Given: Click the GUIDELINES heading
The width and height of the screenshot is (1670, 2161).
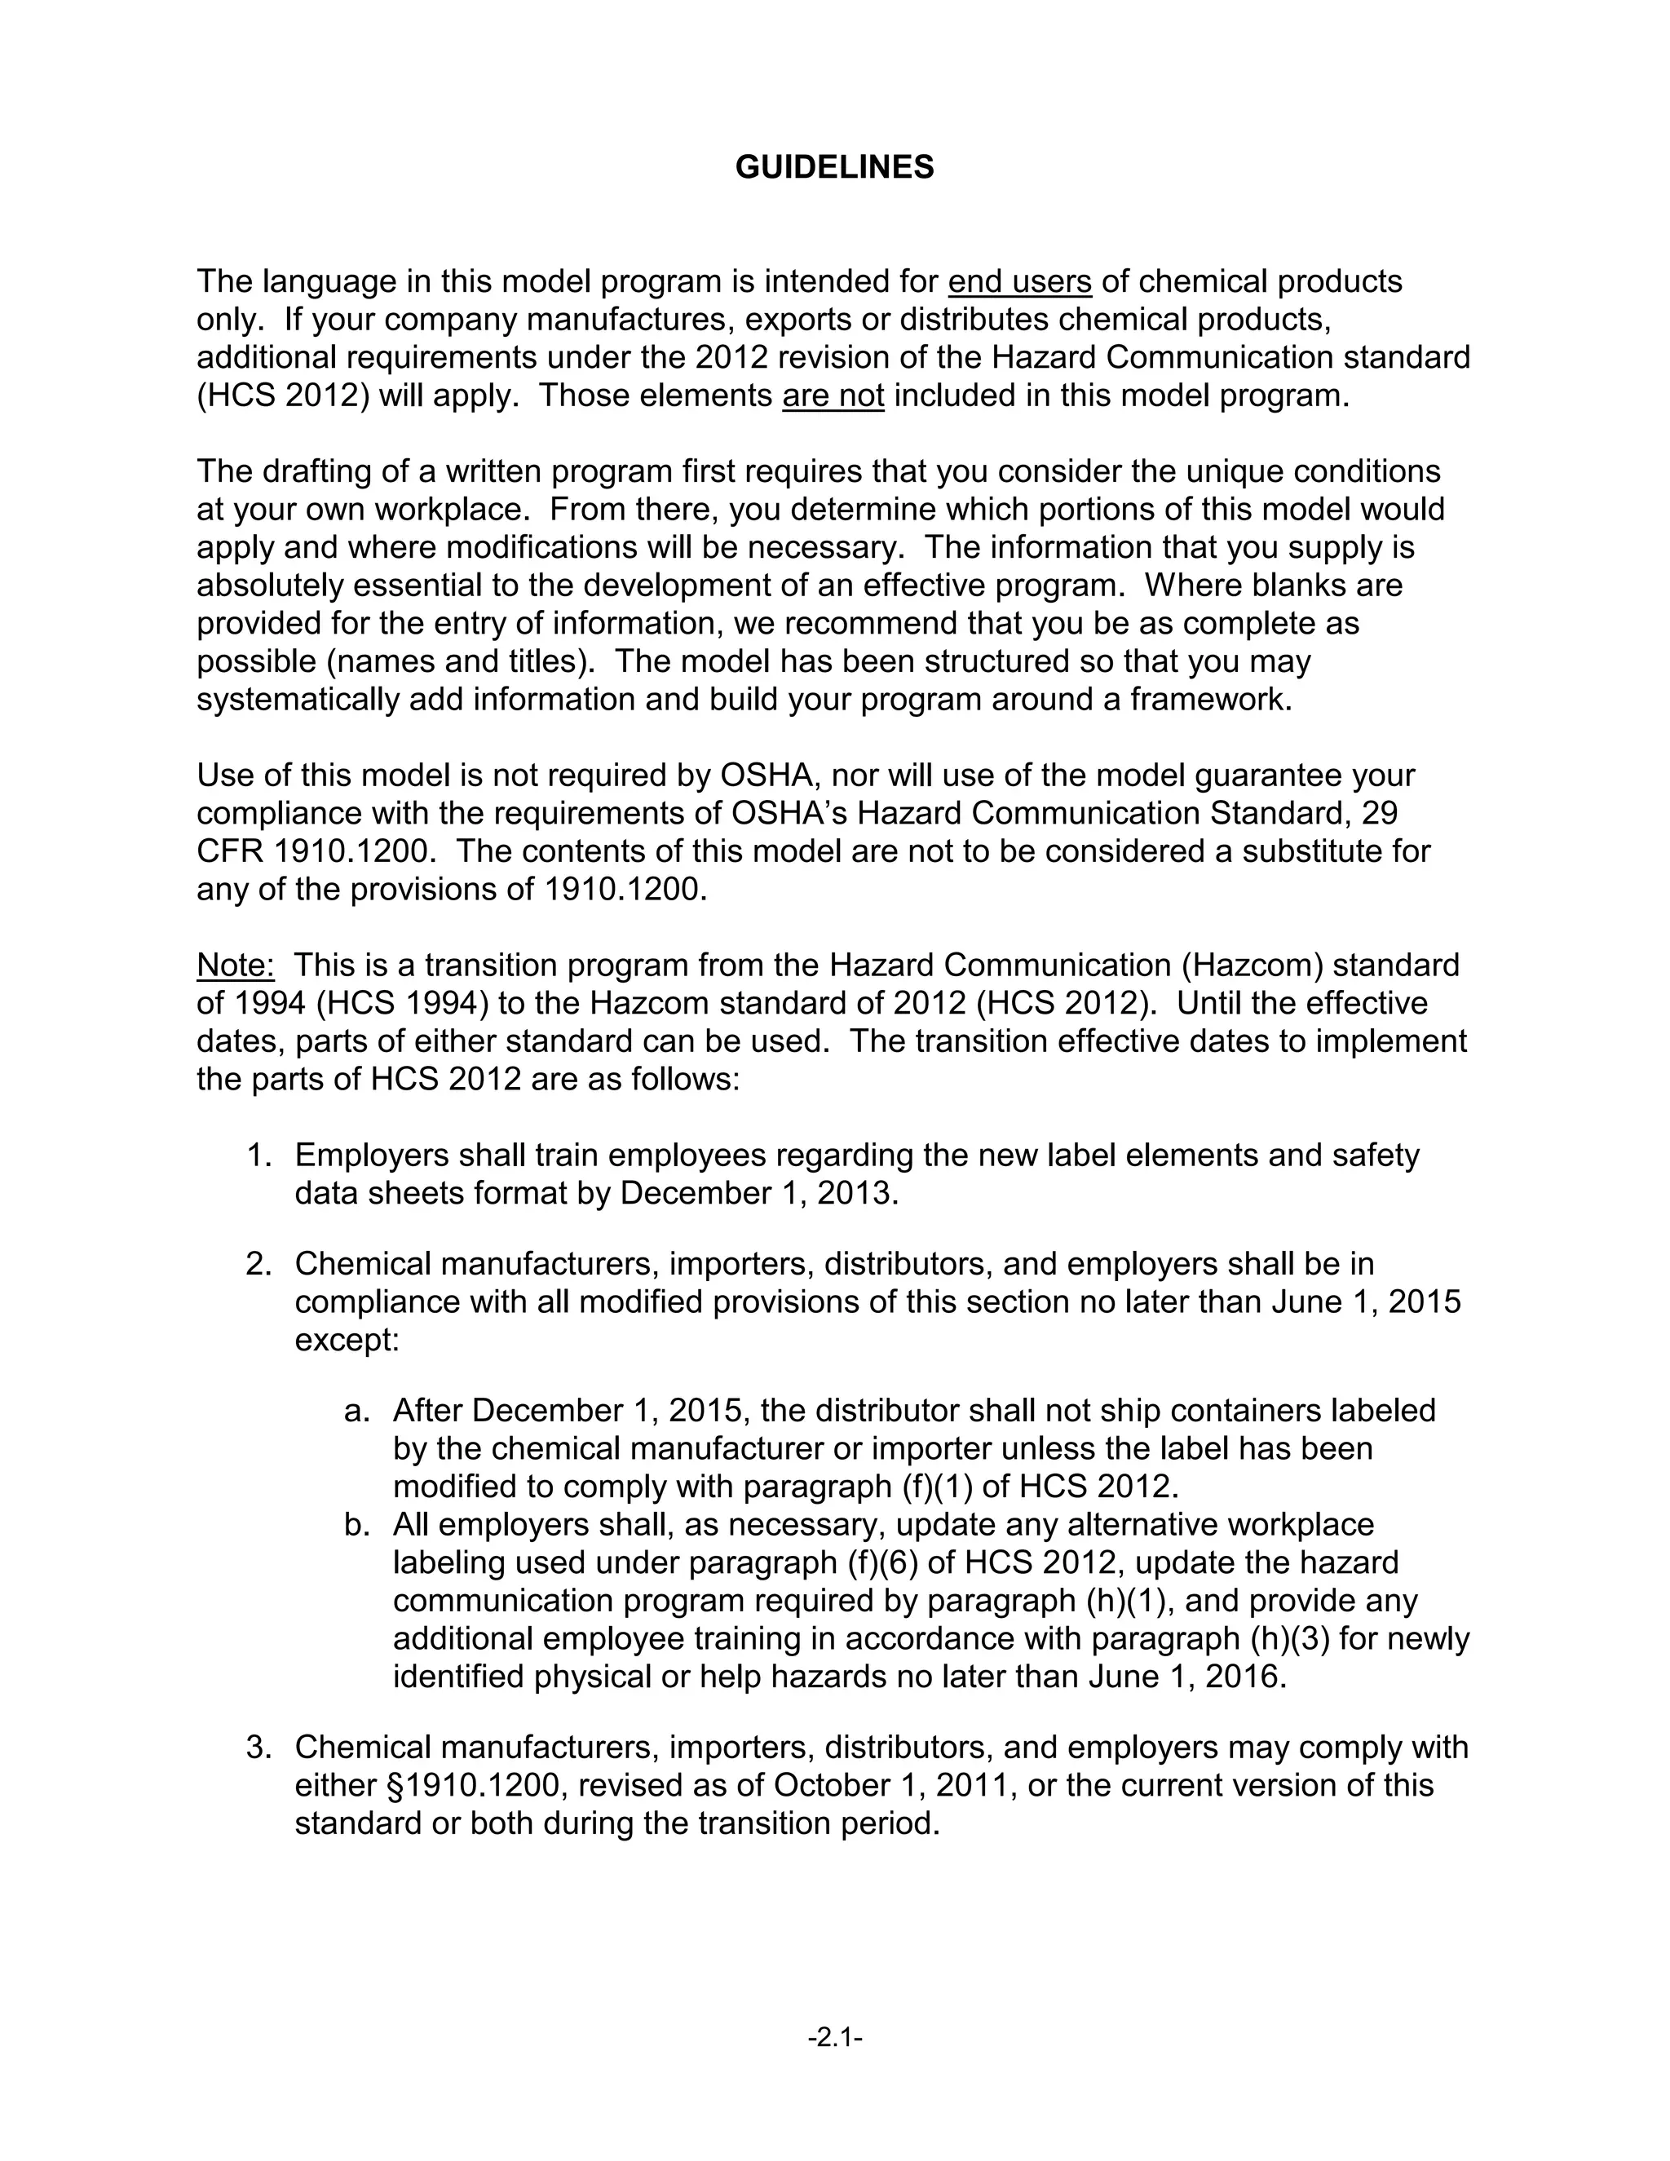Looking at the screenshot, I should point(834,167).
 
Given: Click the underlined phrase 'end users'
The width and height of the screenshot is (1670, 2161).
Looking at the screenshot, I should point(1019,282).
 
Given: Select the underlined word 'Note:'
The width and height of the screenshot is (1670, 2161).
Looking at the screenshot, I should point(236,965).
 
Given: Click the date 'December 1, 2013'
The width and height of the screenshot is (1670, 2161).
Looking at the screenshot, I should point(757,1193).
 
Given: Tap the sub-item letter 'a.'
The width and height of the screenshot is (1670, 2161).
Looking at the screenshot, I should point(356,1410).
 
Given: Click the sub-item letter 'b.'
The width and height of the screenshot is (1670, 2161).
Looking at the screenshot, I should point(356,1524).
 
